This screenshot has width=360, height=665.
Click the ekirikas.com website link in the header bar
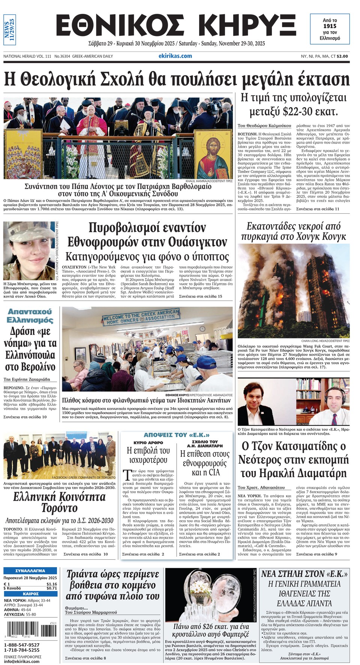pyautogui.click(x=175, y=56)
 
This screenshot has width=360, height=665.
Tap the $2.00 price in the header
pyautogui.click(x=342, y=56)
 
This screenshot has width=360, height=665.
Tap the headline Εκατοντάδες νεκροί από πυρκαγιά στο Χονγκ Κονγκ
pyautogui.click(x=293, y=231)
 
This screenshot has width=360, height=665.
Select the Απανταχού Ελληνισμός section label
pyautogui.click(x=30, y=316)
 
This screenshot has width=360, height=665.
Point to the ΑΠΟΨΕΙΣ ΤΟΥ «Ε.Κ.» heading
pyautogui.click(x=177, y=435)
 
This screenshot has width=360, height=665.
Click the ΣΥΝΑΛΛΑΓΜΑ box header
pyautogui.click(x=30, y=570)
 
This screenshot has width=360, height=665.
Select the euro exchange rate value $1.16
pyautogui.click(x=52, y=584)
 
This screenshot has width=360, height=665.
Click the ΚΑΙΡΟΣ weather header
pyautogui.click(x=30, y=594)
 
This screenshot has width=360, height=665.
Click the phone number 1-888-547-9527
pyautogui.click(x=21, y=645)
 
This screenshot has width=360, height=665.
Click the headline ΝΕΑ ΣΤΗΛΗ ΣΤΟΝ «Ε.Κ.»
pyautogui.click(x=304, y=574)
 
